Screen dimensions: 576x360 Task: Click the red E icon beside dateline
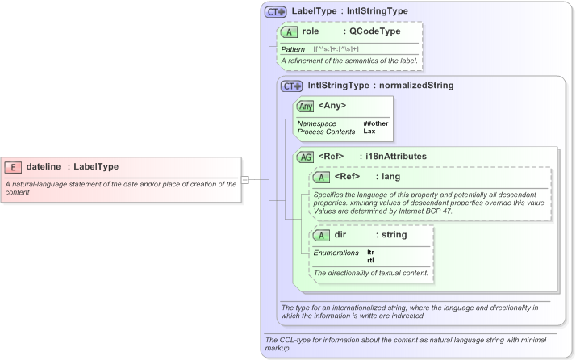click(x=13, y=167)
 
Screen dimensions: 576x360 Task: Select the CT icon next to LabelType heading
click(x=276, y=12)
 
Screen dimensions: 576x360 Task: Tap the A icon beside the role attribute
click(x=289, y=32)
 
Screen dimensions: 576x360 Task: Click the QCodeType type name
click(x=372, y=32)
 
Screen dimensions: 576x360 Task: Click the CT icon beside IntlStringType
click(x=291, y=86)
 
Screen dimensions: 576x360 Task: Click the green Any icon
click(x=306, y=106)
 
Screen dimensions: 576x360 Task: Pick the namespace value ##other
click(x=376, y=123)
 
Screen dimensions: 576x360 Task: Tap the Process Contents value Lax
click(x=369, y=131)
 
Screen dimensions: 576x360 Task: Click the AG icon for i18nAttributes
click(x=306, y=157)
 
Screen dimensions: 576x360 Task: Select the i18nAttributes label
click(x=394, y=156)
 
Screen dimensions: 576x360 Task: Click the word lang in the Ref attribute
click(x=391, y=177)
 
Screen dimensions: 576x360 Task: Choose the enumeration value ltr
click(x=370, y=253)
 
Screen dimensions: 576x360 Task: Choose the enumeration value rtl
click(x=370, y=260)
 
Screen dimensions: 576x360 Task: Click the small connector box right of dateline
click(x=244, y=179)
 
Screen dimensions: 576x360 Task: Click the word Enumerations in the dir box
click(x=336, y=253)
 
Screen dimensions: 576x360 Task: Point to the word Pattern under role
click(x=293, y=49)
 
